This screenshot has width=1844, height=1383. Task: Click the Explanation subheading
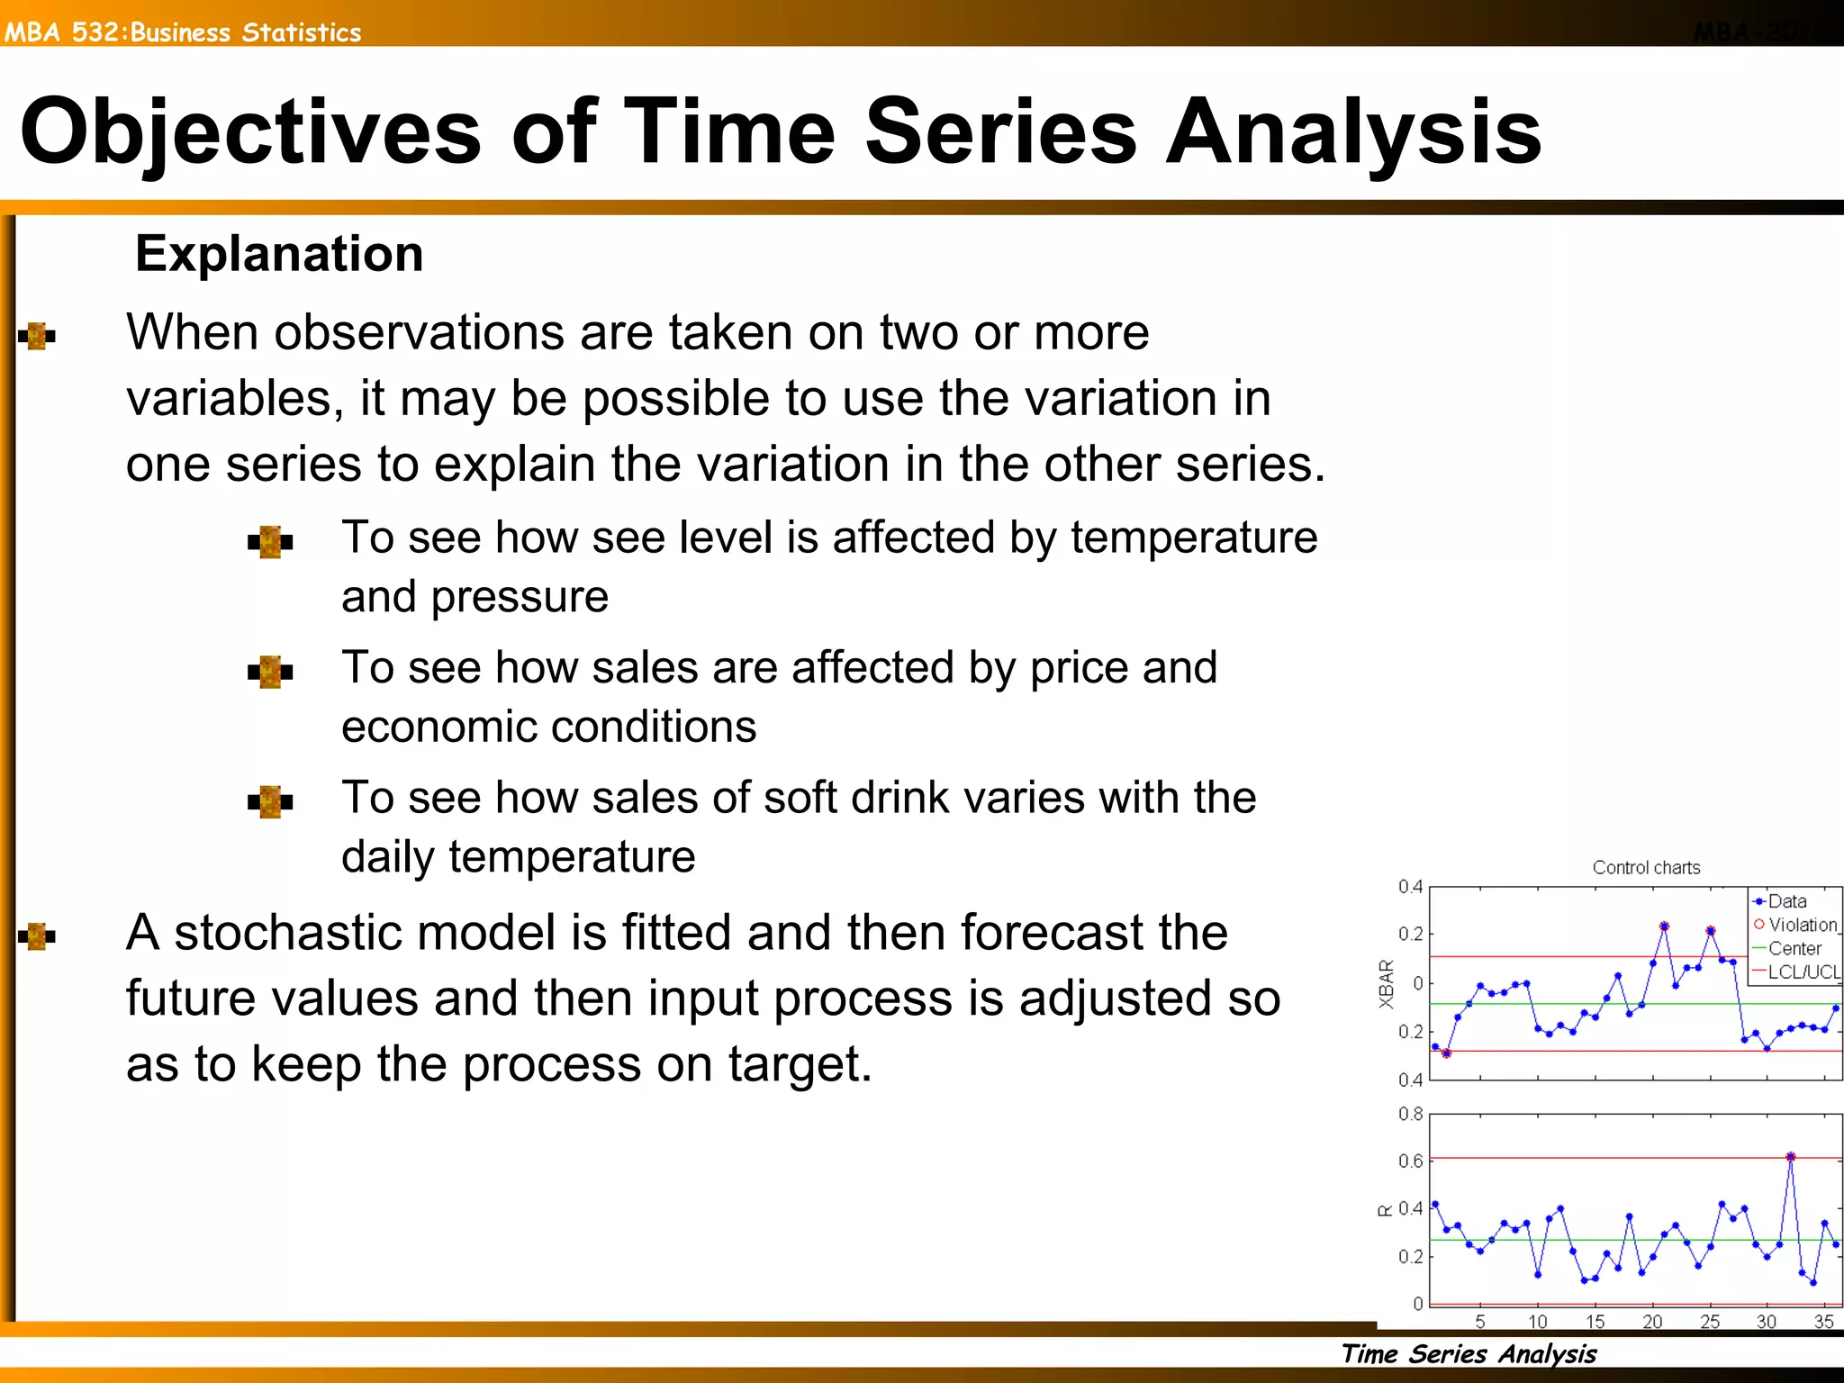pyautogui.click(x=279, y=253)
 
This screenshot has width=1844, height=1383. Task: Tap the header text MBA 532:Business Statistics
pyautogui.click(x=183, y=32)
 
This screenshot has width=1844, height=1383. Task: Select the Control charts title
pyautogui.click(x=1646, y=867)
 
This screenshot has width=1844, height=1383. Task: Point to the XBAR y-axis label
pyautogui.click(x=1387, y=984)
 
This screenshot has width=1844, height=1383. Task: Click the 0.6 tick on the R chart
pyautogui.click(x=1410, y=1162)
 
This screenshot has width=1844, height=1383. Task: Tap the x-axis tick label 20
pyautogui.click(x=1652, y=1322)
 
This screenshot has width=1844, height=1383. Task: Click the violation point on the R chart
pyautogui.click(x=1790, y=1157)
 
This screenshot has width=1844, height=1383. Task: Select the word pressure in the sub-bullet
pyautogui.click(x=520, y=596)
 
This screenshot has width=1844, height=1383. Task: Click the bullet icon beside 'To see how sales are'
pyautogui.click(x=270, y=671)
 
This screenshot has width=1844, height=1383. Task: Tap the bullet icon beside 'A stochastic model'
pyautogui.click(x=37, y=936)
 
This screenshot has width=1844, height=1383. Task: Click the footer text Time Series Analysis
pyautogui.click(x=1469, y=1353)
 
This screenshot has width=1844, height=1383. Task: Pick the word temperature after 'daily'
pyautogui.click(x=572, y=856)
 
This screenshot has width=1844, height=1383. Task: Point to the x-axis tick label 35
pyautogui.click(x=1823, y=1322)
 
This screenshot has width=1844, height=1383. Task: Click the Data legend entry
pyautogui.click(x=1786, y=901)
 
